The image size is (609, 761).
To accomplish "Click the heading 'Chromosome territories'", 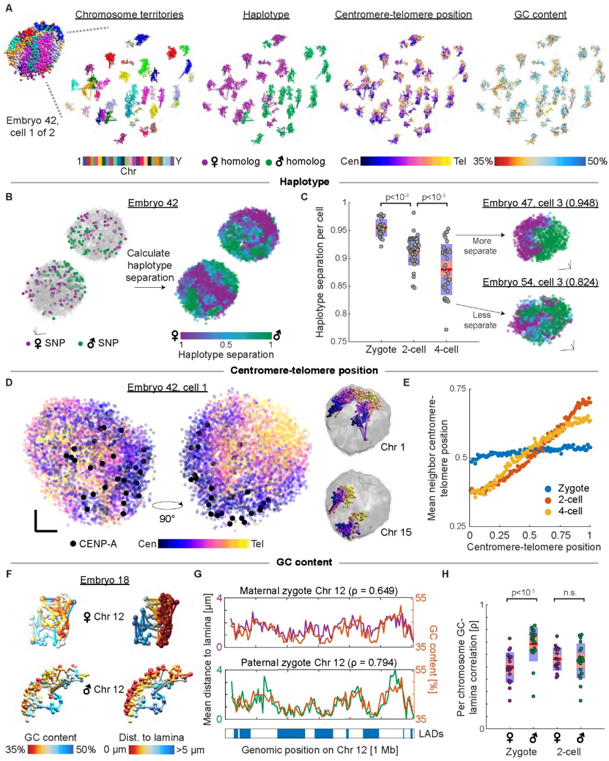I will (129, 15).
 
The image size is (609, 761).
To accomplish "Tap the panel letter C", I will (304, 197).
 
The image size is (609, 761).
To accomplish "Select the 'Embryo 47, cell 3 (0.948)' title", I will (540, 203).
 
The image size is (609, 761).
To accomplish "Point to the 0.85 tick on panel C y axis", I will (338, 285).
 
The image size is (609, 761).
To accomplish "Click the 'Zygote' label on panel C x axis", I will (381, 350).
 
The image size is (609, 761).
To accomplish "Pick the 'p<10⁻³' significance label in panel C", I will (434, 197).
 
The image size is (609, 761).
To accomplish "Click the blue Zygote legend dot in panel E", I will (548, 489).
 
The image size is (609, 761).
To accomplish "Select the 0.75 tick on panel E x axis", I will (561, 535).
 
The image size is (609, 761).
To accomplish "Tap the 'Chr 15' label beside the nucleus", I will (396, 532).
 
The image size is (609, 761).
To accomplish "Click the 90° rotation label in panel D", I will (167, 518).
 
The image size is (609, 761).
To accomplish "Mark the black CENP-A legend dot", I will (73, 544).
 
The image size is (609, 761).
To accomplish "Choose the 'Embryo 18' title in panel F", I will (104, 580).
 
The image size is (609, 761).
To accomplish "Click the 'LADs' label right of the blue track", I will (431, 734).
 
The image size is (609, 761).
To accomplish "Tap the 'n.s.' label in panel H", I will (570, 592).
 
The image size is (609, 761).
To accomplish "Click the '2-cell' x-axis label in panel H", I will (568, 752).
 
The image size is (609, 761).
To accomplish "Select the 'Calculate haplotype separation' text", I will (149, 265).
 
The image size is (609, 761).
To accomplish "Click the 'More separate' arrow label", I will (481, 246).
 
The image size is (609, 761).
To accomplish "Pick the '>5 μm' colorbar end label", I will (190, 750).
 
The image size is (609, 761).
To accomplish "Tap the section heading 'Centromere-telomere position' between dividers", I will (304, 371).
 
